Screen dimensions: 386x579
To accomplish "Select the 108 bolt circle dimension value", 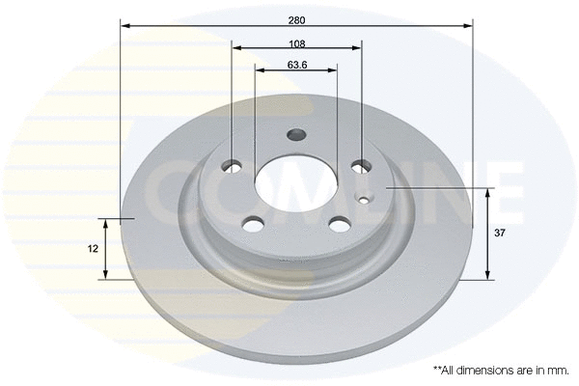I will (x=297, y=44).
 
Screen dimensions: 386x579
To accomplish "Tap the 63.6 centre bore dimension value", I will (x=297, y=66).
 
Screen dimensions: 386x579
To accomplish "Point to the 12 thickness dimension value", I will (x=94, y=248).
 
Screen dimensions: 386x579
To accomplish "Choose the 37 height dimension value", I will (x=501, y=233).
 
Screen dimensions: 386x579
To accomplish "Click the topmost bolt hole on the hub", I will (x=297, y=135).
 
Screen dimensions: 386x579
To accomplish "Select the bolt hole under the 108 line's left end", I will (x=234, y=166).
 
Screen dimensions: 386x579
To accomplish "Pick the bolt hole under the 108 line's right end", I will (x=361, y=166).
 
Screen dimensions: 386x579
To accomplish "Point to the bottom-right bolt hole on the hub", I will (x=339, y=224).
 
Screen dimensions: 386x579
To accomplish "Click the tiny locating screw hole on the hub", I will (x=363, y=201).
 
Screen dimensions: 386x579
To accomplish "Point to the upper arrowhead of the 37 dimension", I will (x=488, y=191).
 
